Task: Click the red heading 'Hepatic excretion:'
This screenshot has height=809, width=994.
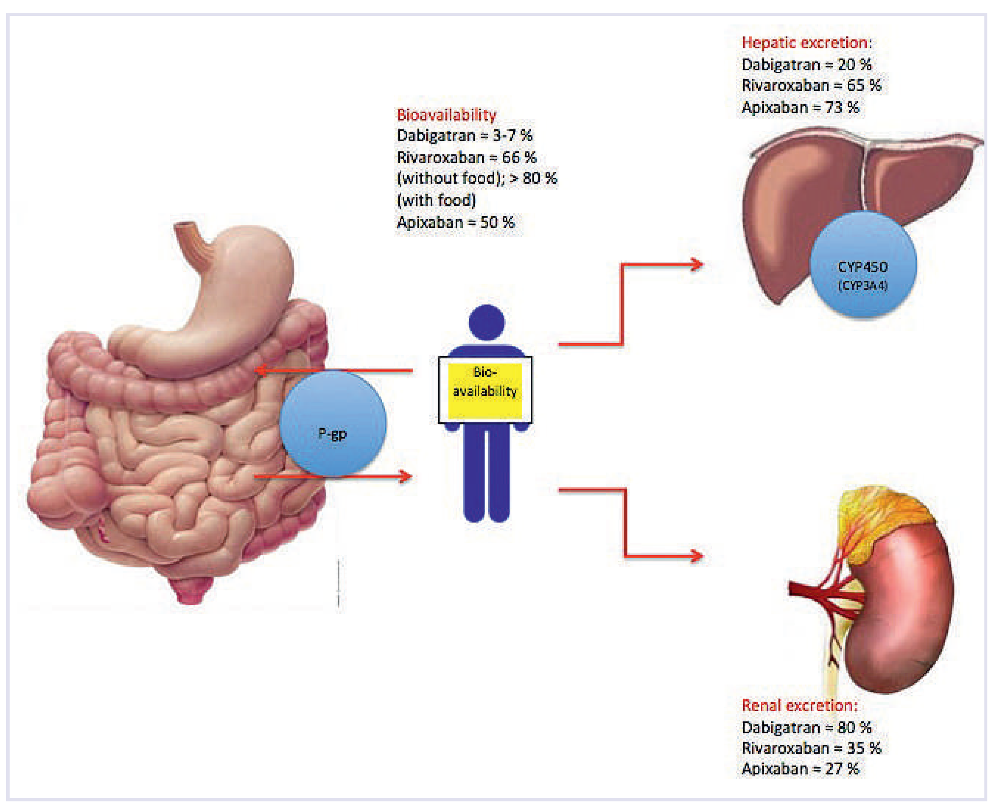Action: (x=806, y=43)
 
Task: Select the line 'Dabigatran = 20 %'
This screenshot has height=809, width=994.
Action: (x=806, y=65)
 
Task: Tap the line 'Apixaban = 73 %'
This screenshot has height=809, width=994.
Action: (x=800, y=108)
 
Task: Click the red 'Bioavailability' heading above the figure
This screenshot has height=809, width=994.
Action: (x=446, y=115)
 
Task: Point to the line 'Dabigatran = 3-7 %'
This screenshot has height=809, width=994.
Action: (x=464, y=136)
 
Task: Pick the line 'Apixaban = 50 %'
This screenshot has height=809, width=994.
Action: (x=456, y=222)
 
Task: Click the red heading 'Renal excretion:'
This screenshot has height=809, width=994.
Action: (x=799, y=706)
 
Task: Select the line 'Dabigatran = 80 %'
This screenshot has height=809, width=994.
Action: (x=806, y=727)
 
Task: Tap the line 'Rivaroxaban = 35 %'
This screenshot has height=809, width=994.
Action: (x=811, y=749)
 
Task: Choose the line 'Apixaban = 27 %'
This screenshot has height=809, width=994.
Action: (x=800, y=769)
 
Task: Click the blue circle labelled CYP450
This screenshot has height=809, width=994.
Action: (x=863, y=265)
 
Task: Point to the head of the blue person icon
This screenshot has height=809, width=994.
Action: (x=486, y=322)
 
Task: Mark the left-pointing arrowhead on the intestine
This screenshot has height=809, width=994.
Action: (x=261, y=371)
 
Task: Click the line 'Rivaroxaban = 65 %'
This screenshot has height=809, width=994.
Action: (x=811, y=86)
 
